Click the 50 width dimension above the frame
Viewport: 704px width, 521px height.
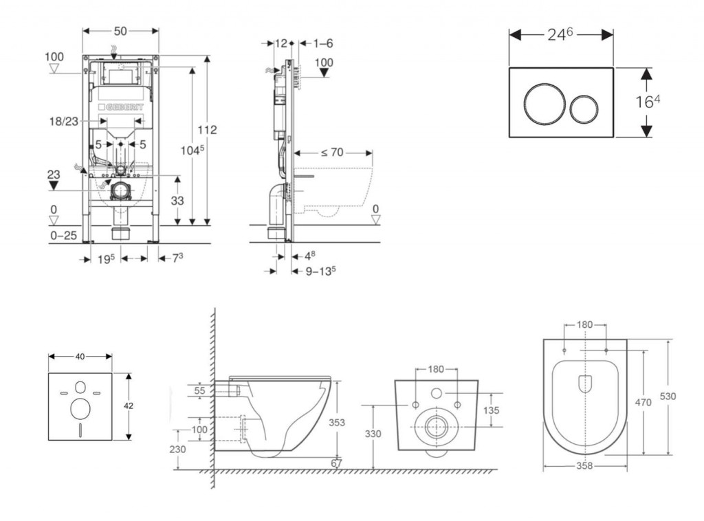(x=121, y=32)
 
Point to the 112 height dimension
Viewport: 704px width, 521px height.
(x=207, y=130)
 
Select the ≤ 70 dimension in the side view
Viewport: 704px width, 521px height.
(x=332, y=152)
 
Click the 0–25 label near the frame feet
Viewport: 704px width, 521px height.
(x=64, y=235)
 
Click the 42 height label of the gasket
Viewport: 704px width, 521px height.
(x=129, y=406)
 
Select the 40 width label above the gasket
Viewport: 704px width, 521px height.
(x=80, y=356)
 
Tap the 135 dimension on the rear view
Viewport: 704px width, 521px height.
(x=492, y=410)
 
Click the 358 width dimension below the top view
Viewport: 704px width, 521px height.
(x=586, y=465)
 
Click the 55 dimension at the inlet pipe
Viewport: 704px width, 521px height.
(x=201, y=390)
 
